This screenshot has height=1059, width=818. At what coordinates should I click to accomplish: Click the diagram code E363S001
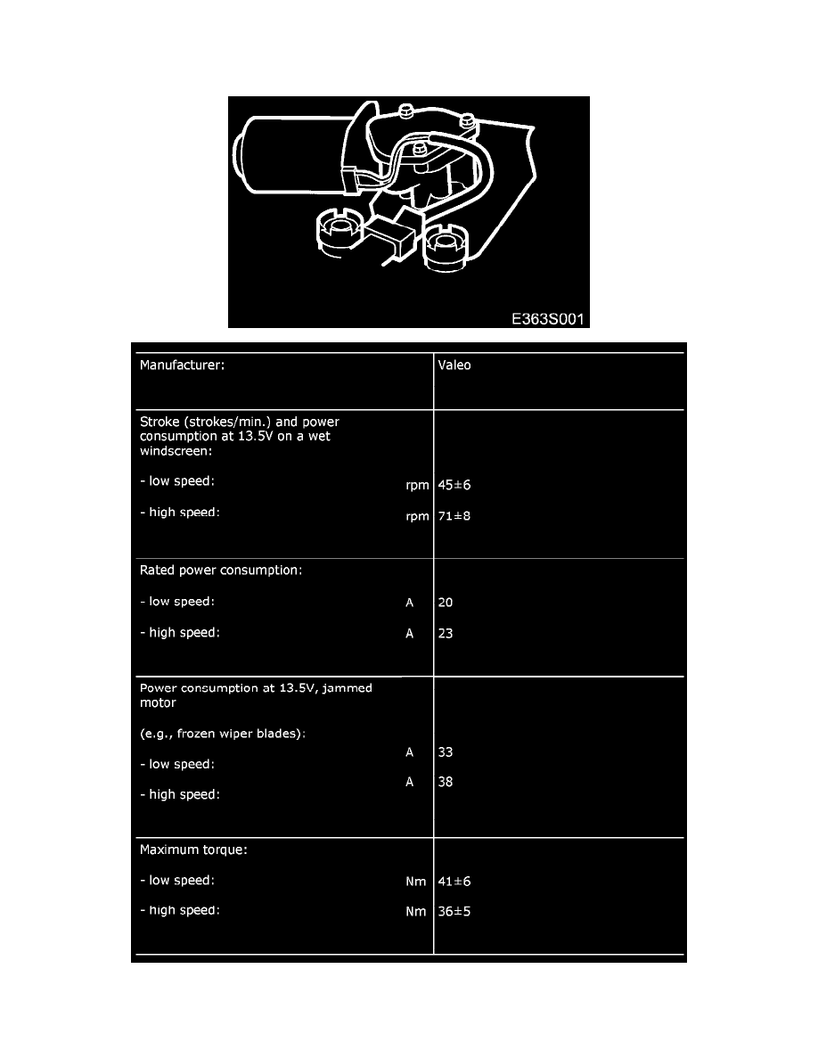(x=549, y=317)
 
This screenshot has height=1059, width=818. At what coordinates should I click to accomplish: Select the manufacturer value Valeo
(x=454, y=365)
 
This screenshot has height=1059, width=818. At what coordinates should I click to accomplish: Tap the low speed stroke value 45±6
(x=454, y=486)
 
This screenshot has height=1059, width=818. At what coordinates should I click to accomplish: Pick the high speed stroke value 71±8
(x=454, y=516)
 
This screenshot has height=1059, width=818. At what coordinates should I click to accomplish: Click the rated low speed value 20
(x=446, y=603)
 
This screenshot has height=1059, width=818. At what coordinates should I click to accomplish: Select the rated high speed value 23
(x=446, y=634)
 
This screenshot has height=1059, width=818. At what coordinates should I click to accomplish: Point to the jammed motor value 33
(x=446, y=752)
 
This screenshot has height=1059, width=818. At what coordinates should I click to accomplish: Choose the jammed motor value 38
(x=446, y=782)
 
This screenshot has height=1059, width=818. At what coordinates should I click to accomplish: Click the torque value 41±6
(x=454, y=882)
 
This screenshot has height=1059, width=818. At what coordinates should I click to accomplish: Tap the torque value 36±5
(x=454, y=912)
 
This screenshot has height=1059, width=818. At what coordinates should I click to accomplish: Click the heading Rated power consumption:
(x=221, y=571)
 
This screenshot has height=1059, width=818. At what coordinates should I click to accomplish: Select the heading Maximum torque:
(x=193, y=850)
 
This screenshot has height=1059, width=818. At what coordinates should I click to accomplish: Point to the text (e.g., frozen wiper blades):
(x=223, y=734)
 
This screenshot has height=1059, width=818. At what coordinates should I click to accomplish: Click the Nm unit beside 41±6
(x=415, y=882)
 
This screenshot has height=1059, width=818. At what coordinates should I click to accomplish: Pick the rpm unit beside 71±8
(x=417, y=516)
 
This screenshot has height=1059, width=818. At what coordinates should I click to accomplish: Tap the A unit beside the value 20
(x=410, y=603)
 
